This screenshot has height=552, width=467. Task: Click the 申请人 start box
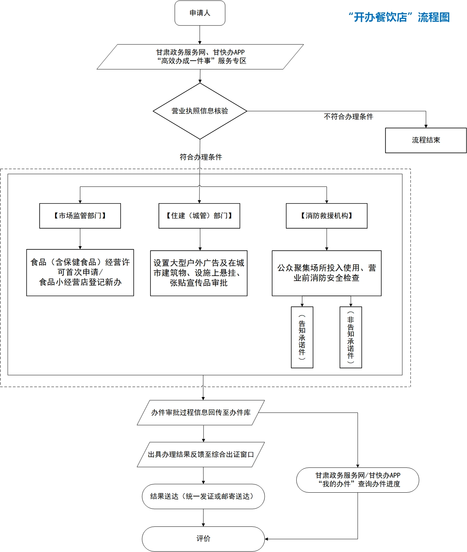(x=200, y=13)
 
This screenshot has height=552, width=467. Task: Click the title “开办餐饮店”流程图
(x=399, y=17)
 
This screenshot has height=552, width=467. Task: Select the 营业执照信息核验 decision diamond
(x=200, y=111)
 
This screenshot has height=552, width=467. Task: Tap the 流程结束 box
(x=426, y=140)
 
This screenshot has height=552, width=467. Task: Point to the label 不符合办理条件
(x=348, y=117)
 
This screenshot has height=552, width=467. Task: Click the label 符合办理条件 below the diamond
(x=201, y=157)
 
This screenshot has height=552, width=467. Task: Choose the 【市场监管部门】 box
(x=80, y=216)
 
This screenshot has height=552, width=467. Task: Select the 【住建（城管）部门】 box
(x=199, y=216)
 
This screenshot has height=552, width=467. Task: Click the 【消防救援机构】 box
(x=327, y=216)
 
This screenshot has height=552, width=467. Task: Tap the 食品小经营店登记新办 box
(x=80, y=272)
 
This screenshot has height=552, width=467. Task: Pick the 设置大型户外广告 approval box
(x=198, y=273)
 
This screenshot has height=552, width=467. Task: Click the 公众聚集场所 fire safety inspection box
(x=327, y=273)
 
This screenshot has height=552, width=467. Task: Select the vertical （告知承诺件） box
(x=302, y=337)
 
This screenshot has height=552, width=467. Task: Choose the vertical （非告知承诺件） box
(x=351, y=337)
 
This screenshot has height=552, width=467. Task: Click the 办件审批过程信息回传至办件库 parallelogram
(x=201, y=412)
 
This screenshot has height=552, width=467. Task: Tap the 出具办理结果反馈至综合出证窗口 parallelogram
(x=201, y=454)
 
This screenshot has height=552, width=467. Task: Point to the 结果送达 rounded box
(x=203, y=496)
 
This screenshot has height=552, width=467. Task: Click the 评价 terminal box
(x=203, y=539)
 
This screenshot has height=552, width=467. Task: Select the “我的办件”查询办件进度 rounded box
(x=357, y=480)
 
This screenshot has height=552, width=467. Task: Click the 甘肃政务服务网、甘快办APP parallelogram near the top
(x=200, y=56)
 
